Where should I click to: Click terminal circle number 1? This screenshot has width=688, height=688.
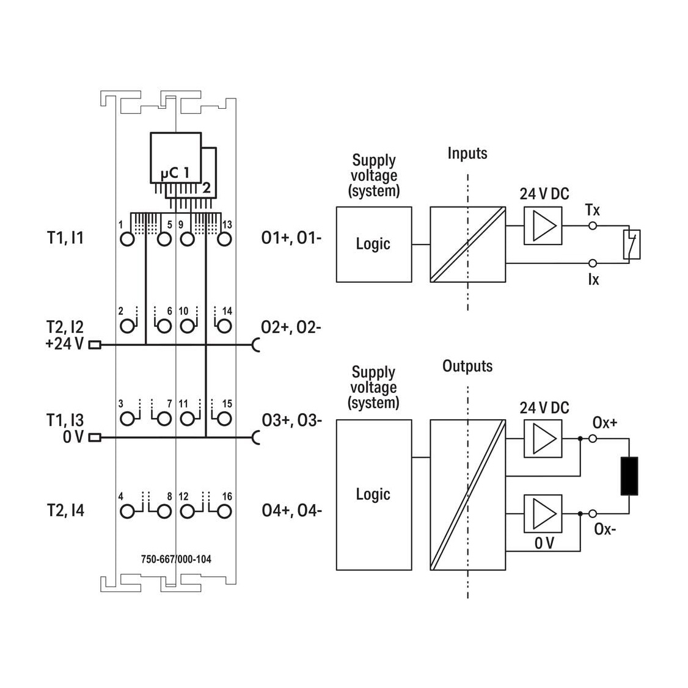127,240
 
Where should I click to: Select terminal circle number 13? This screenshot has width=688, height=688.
224,240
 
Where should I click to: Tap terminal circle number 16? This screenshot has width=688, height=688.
224,511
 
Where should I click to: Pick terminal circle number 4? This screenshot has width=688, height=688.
127,511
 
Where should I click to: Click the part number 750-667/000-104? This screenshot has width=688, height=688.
176,559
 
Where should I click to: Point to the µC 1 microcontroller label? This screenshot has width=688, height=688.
175,172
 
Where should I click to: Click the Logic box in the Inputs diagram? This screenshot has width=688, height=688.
374,244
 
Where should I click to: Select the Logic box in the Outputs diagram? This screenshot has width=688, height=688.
374,495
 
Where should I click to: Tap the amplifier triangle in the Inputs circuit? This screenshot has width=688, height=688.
544,226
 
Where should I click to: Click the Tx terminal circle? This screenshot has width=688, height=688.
592,226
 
